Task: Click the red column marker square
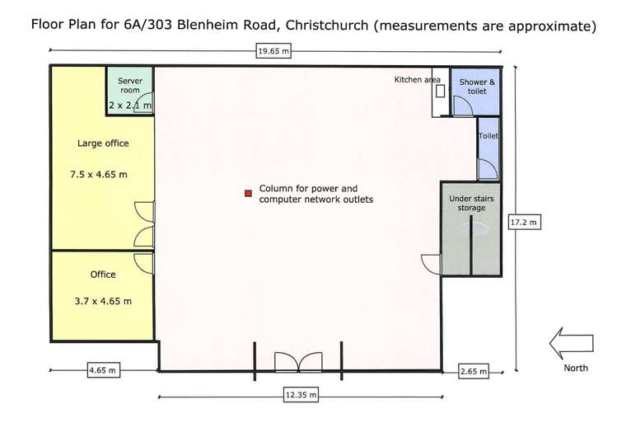point(246,193)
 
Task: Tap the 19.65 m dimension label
point(273,51)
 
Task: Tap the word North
point(576,368)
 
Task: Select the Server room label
point(131,86)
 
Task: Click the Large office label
point(103,143)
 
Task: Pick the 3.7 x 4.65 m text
point(103,302)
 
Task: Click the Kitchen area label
point(418,79)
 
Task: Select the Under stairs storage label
point(467,204)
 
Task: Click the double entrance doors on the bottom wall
point(297,361)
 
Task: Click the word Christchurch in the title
point(326,25)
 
